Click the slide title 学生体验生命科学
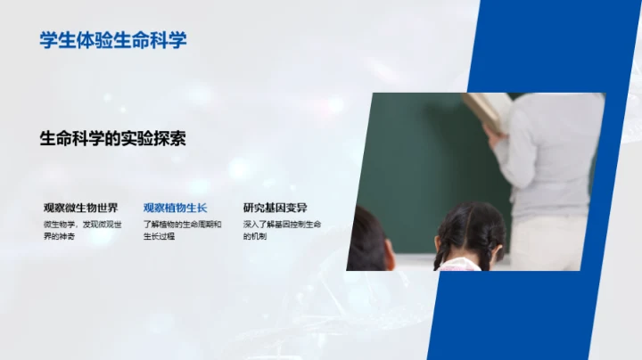pos(113,40)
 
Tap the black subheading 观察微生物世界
pos(80,208)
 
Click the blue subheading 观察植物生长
pos(175,208)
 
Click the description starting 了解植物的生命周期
pos(182,230)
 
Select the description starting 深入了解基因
pos(282,230)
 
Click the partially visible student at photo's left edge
pos(367,241)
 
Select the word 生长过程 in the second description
pos(160,237)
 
